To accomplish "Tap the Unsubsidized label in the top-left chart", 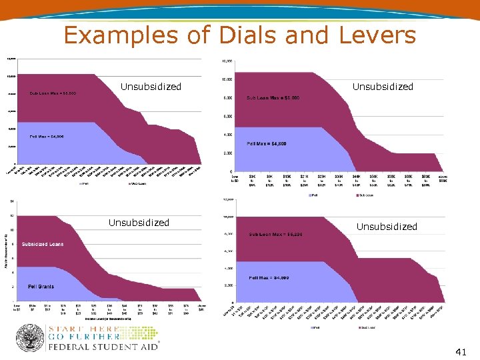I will tap(151, 87).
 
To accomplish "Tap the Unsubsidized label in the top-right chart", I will tap(383, 87).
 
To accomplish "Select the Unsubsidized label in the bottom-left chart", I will tap(139, 223).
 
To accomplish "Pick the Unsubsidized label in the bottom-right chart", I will tap(387, 227).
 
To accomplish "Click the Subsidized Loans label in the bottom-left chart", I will tap(43, 244).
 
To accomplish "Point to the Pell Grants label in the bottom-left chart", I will tap(41, 287).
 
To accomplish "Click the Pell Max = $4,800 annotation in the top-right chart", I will tap(267, 143).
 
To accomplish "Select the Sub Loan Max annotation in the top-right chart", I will tap(273, 98).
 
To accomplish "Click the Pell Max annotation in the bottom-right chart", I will tap(269, 278).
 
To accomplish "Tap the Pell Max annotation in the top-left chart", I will tap(47, 137).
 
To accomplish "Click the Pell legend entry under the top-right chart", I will tap(314, 195).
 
